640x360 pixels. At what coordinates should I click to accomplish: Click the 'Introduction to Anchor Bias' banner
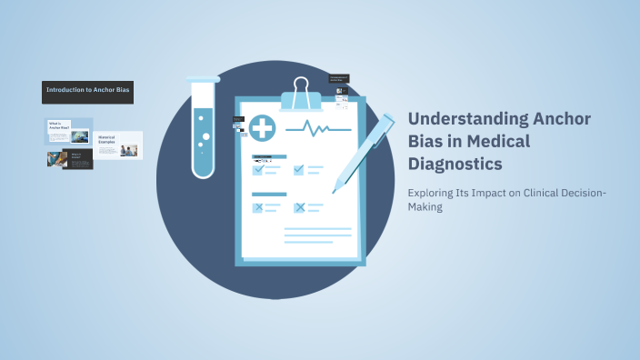click(87, 92)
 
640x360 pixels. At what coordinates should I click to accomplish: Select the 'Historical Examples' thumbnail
click(118, 145)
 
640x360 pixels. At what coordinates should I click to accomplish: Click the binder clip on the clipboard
click(301, 92)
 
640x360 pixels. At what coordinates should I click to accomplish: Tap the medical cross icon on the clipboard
click(263, 128)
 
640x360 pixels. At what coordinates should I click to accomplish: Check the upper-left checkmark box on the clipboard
click(258, 169)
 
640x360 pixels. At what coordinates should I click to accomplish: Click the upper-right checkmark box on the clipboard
click(299, 169)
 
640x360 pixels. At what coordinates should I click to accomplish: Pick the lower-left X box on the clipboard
click(258, 208)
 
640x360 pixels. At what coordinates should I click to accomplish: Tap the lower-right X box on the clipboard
click(299, 208)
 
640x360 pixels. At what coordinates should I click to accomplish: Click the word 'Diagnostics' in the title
click(454, 165)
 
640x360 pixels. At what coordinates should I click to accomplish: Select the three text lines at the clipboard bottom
click(317, 235)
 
